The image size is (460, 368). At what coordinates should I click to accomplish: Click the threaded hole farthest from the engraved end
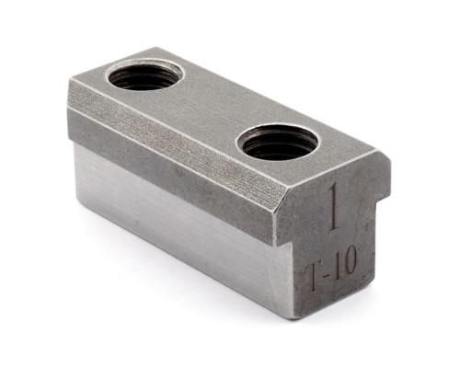(145, 75)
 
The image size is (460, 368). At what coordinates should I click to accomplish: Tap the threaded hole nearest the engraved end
(277, 142)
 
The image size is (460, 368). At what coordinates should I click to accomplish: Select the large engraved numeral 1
(335, 208)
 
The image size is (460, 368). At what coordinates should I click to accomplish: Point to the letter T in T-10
(316, 278)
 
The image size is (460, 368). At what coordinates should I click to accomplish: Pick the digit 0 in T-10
(350, 262)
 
